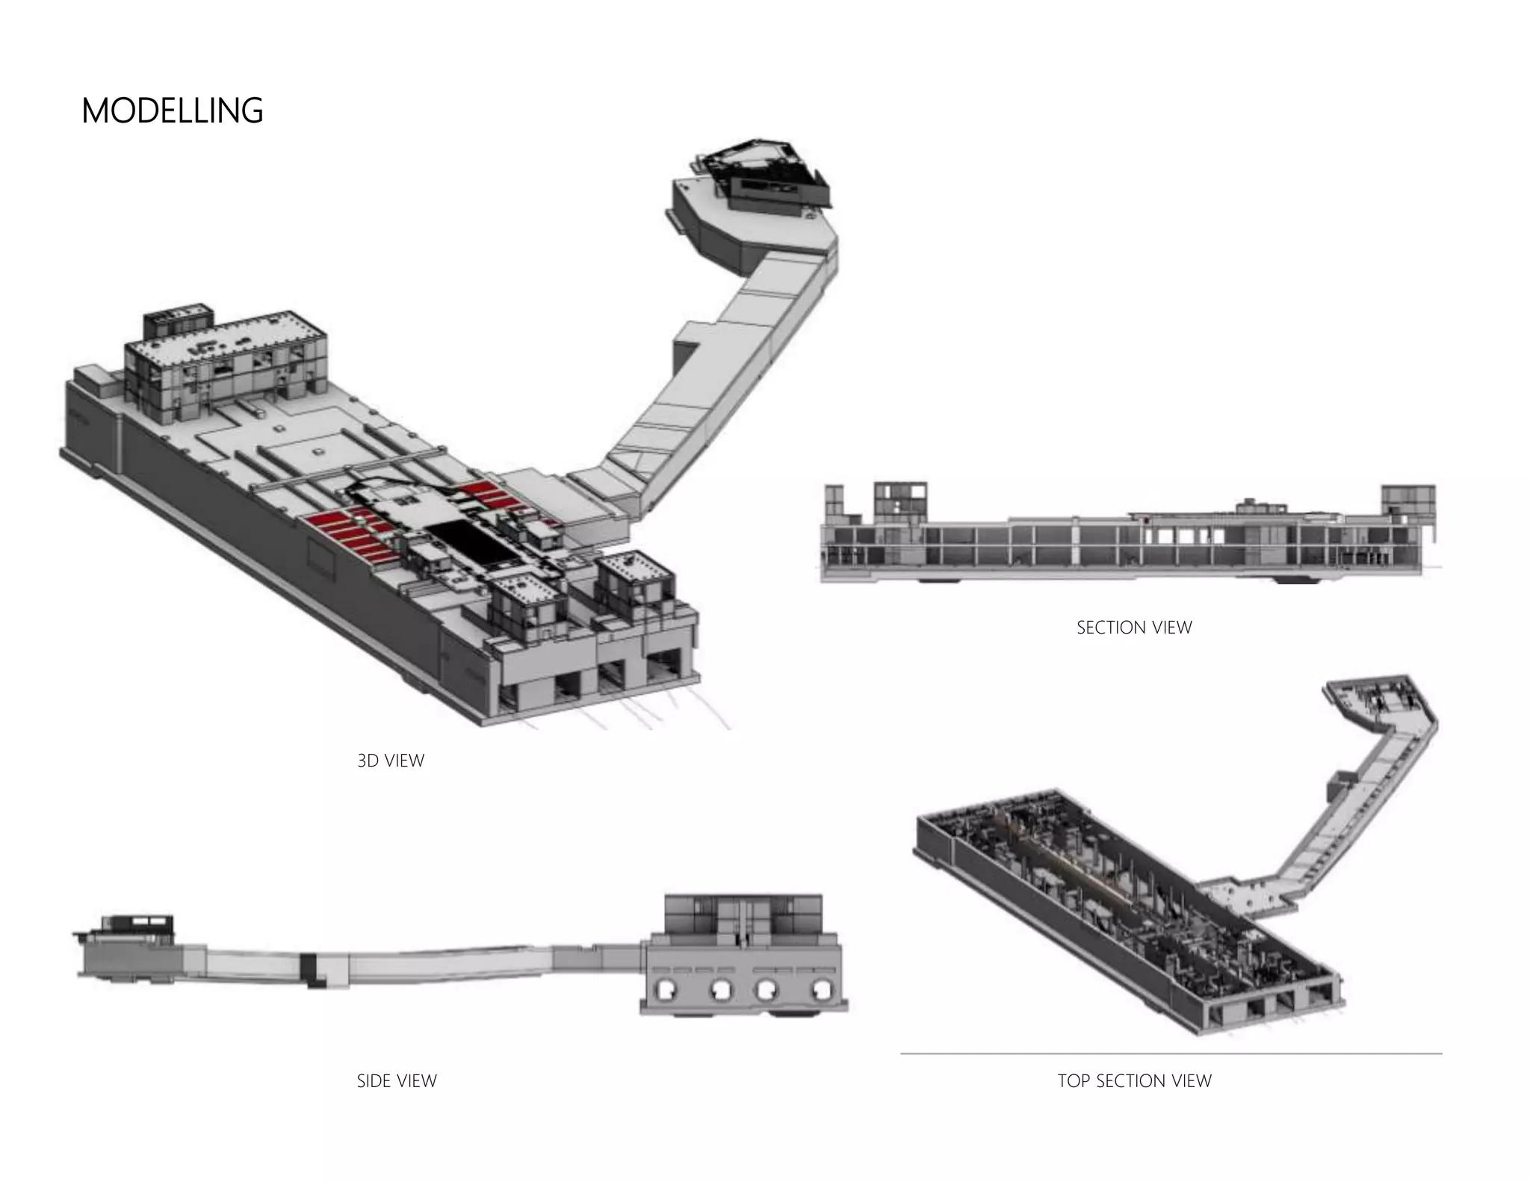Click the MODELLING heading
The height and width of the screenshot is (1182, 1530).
point(172,111)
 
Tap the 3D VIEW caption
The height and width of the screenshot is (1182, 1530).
point(391,761)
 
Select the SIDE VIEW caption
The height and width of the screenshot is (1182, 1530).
point(397,1081)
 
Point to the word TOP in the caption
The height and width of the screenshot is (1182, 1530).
point(1074,1081)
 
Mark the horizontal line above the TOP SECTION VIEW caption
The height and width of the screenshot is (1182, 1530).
point(1171,1053)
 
